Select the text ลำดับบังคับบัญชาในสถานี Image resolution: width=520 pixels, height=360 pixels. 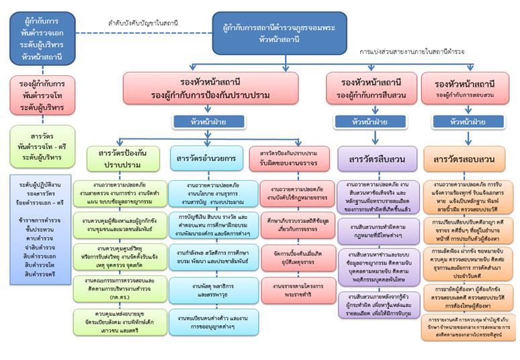click(x=143, y=23)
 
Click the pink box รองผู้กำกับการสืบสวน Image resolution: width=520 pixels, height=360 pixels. click(x=370, y=89)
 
